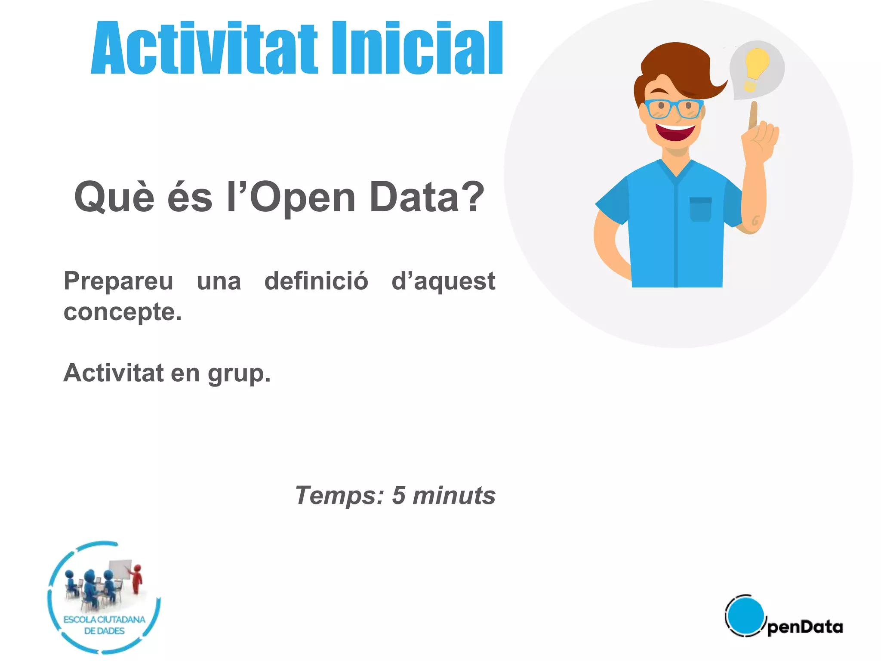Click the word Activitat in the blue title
point(204,48)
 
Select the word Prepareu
point(118,282)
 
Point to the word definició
point(316,281)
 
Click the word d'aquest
point(443,282)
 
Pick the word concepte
point(123,312)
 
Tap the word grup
point(239,374)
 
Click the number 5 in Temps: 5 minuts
point(398,495)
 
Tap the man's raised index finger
point(753,114)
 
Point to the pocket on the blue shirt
point(700,210)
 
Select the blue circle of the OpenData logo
point(745,615)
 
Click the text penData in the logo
point(805,627)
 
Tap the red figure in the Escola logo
point(137,579)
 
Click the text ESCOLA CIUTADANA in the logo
point(105,620)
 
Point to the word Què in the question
point(114,197)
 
